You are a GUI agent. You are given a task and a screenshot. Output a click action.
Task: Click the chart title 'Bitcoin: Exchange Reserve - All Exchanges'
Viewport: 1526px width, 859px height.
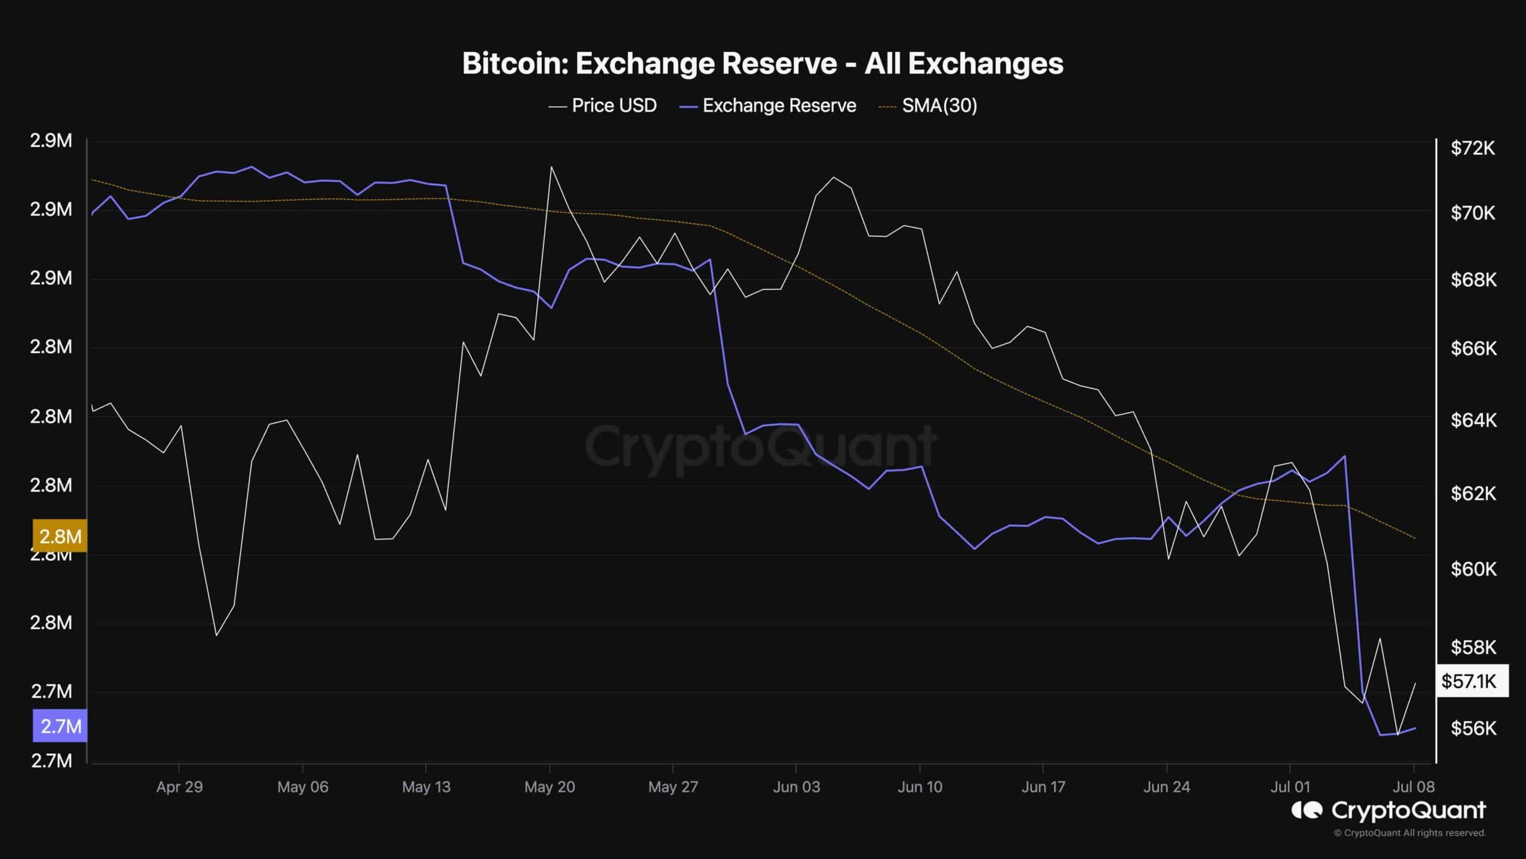pyautogui.click(x=762, y=64)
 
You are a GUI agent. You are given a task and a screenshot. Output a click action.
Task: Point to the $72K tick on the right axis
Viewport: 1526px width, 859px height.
pyautogui.click(x=1472, y=148)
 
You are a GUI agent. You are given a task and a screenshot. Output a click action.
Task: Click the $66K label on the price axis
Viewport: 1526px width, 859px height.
pyautogui.click(x=1473, y=348)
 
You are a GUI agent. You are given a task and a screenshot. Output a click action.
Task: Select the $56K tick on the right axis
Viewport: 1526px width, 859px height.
pyautogui.click(x=1473, y=728)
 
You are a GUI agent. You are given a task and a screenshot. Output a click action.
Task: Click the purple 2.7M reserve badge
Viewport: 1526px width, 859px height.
pyautogui.click(x=60, y=726)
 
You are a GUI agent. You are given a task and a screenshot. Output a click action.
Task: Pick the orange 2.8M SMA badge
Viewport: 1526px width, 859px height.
pyautogui.click(x=60, y=536)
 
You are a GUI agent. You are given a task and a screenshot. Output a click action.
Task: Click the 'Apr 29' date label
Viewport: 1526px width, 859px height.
pyautogui.click(x=179, y=787)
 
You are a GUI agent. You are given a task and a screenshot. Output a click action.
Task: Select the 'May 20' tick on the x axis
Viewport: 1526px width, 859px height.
pyautogui.click(x=550, y=787)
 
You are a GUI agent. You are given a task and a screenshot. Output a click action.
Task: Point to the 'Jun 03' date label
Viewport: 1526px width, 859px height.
pyautogui.click(x=796, y=787)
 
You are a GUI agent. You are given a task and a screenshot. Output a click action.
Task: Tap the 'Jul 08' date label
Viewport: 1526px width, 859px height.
pyautogui.click(x=1413, y=787)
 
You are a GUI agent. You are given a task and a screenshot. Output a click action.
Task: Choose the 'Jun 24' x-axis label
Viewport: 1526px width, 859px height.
pyautogui.click(x=1167, y=787)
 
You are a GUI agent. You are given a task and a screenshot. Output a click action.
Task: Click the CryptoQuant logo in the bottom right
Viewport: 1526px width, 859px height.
pyautogui.click(x=1388, y=810)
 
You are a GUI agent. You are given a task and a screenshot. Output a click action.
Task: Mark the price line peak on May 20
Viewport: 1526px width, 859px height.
pyautogui.click(x=551, y=167)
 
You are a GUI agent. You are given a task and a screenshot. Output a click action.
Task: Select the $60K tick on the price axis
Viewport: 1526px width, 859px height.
pyautogui.click(x=1473, y=569)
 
